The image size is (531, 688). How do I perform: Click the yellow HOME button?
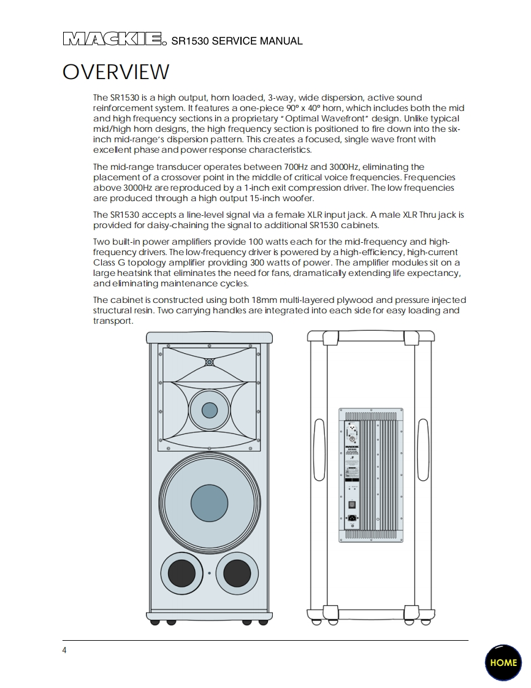click(x=503, y=662)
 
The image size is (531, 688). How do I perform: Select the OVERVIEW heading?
click(x=115, y=72)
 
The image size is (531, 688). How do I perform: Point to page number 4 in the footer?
click(x=64, y=651)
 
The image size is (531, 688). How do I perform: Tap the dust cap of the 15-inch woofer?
click(x=209, y=502)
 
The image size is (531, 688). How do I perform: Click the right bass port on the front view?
click(x=237, y=573)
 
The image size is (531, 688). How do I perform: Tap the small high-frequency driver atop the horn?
click(x=209, y=362)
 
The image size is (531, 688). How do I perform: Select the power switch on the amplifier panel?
click(x=352, y=505)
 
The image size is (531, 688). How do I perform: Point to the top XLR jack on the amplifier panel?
click(x=352, y=425)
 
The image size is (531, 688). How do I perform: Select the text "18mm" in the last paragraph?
click(x=264, y=300)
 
